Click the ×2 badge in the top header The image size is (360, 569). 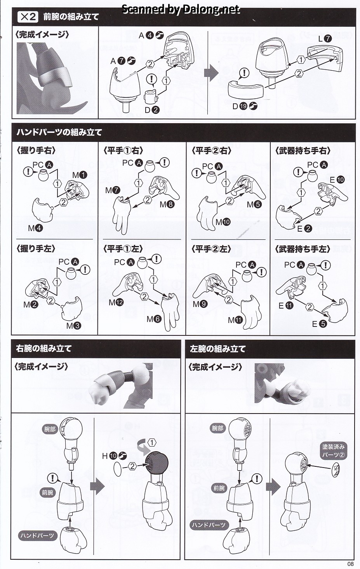point(28,17)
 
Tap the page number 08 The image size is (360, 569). point(351,564)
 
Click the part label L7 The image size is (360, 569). point(325,39)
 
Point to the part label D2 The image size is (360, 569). point(152,110)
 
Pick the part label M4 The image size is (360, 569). point(35,228)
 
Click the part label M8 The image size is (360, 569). point(167,204)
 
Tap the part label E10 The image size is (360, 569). point(337,180)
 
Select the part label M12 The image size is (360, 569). point(116,302)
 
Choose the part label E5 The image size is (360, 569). point(319,324)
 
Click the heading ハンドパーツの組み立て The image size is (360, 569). point(59,133)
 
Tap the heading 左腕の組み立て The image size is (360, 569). point(217,349)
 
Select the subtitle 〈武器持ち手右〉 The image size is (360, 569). point(303,151)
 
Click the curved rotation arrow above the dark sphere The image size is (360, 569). point(143,447)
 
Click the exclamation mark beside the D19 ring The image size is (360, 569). point(244,73)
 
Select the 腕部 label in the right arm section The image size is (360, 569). point(49,429)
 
